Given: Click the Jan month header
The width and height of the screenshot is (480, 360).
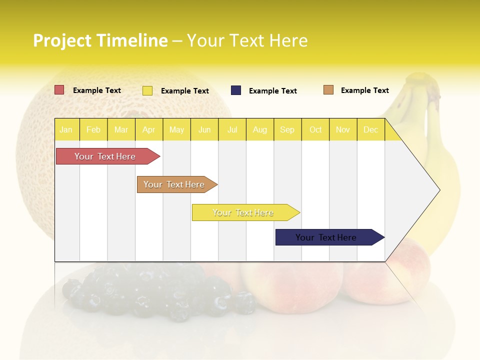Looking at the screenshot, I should [66, 130].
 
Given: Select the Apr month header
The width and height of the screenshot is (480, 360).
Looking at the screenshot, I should [148, 130].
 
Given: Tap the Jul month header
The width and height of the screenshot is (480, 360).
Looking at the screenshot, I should [232, 130].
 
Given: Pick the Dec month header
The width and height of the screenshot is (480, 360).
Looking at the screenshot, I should [370, 130].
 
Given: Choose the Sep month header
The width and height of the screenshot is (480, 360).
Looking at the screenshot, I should [287, 130].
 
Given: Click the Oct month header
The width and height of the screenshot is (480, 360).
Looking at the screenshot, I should [315, 130].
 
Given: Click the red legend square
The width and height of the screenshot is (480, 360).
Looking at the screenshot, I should [59, 90].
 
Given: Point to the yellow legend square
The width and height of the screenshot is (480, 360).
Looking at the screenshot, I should [147, 90].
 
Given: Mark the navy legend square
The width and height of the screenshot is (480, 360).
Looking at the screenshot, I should [235, 90].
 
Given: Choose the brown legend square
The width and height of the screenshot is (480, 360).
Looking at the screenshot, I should [328, 90].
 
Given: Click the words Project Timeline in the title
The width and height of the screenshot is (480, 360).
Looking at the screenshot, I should [100, 40].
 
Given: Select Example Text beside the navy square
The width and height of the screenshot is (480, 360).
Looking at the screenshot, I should [272, 91].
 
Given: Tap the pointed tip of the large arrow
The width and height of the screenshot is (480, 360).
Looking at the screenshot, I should [438, 190].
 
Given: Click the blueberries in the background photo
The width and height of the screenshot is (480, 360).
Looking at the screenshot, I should [150, 290].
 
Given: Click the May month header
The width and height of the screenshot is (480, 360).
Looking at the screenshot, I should [176, 130].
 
